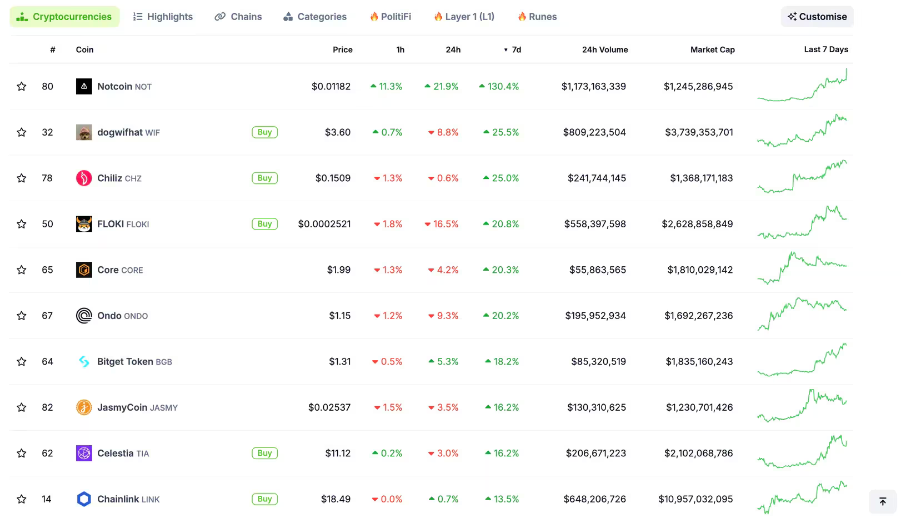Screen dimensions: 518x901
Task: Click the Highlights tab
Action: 163,17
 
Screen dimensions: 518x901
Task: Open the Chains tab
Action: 238,17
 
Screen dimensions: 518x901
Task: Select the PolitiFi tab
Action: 391,17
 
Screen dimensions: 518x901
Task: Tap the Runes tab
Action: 537,17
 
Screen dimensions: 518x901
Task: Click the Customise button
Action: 817,17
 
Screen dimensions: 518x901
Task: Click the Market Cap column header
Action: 712,49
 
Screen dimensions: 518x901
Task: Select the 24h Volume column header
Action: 604,49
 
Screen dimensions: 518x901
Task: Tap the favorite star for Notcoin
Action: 22,87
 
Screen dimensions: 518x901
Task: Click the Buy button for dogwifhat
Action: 264,132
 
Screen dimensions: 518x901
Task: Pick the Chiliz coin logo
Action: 84,178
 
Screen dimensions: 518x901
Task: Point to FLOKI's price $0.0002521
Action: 324,224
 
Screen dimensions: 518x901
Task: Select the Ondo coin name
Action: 109,316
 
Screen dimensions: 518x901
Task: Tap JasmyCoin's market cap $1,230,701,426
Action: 699,407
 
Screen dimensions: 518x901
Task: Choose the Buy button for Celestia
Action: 264,454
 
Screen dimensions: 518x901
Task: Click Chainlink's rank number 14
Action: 47,499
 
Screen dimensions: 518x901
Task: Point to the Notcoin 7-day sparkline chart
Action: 802,87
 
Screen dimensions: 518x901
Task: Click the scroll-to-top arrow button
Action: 883,502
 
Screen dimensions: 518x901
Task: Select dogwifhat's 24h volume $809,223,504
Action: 594,132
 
